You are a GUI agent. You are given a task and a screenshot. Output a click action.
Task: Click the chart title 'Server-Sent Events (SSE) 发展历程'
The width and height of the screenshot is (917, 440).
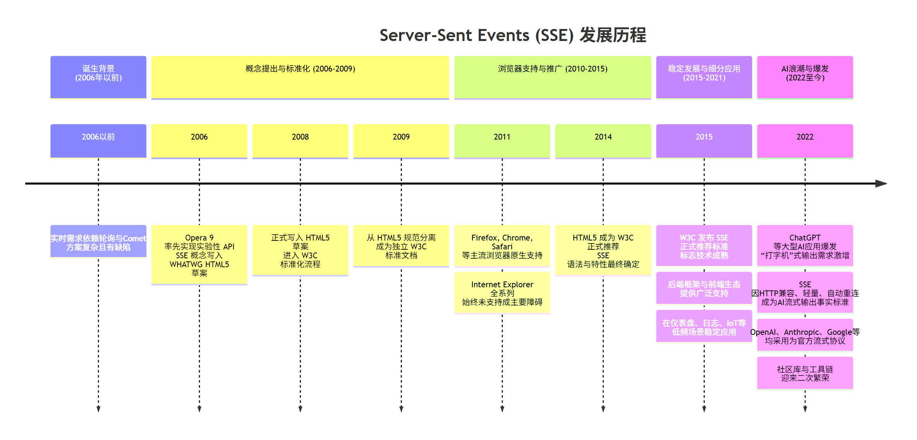(512, 35)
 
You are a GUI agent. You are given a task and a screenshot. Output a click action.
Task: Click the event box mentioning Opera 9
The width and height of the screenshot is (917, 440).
(199, 255)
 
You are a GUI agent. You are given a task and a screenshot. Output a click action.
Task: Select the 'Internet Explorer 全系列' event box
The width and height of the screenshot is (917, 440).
(502, 293)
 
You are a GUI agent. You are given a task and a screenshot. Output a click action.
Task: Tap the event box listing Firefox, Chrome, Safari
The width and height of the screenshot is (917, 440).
(502, 246)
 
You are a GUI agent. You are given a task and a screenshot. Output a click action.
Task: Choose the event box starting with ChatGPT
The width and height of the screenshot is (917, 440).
(805, 246)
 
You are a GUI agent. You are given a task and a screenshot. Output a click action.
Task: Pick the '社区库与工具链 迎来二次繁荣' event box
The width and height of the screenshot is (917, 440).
(805, 373)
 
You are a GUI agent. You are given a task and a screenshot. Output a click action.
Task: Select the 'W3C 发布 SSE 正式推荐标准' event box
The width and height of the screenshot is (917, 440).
(704, 246)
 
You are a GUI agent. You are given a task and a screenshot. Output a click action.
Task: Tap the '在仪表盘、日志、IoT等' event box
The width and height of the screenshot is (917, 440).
(704, 327)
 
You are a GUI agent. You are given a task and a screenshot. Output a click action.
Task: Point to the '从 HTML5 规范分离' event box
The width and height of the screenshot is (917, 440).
(401, 246)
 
